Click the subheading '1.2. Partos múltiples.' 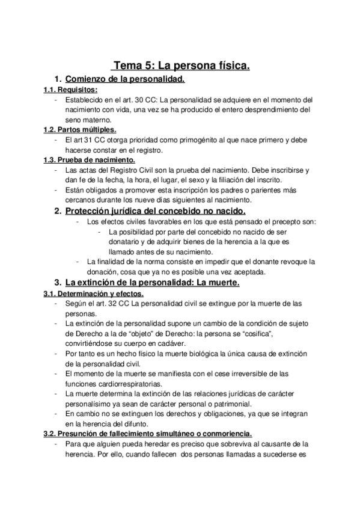[80, 129]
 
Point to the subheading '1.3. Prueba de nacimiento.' [89, 160]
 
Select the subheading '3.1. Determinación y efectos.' [93, 293]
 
